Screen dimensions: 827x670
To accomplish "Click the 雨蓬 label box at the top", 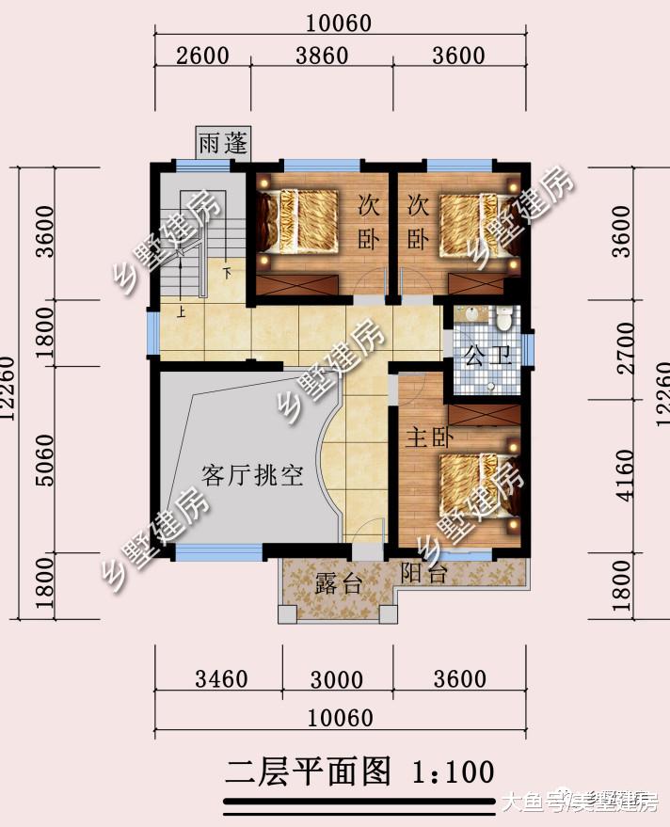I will coord(223,143).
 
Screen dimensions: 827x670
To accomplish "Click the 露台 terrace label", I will coord(339,583).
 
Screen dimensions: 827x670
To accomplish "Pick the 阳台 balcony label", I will coord(423,573).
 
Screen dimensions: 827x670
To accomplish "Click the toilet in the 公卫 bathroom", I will coord(504,320).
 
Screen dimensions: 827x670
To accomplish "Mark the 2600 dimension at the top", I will coord(202,56).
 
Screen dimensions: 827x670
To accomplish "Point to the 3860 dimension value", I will coord(322,56).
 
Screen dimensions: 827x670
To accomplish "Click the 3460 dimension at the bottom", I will coord(220,678).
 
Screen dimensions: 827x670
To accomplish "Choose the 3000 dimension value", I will coord(337,678).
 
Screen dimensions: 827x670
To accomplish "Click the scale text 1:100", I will coord(453,772).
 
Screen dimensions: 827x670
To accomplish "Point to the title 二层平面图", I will coord(308,772).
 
